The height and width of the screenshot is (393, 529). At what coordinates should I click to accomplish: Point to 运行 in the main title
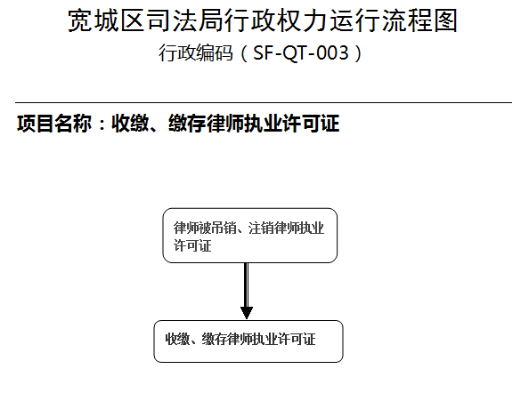pyautogui.click(x=354, y=20)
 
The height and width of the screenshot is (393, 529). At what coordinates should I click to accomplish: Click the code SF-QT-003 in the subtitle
pyautogui.click(x=301, y=52)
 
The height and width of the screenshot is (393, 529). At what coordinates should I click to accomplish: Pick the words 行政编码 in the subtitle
pyautogui.click(x=196, y=52)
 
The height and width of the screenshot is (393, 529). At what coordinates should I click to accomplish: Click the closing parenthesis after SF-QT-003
pyautogui.click(x=358, y=53)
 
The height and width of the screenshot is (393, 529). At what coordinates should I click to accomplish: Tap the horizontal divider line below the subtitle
pyautogui.click(x=264, y=102)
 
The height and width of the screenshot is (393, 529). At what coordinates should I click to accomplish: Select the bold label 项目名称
pyautogui.click(x=54, y=124)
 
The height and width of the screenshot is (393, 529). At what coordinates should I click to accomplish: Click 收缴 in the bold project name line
pyautogui.click(x=130, y=124)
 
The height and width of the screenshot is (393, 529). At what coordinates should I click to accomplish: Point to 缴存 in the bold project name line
pyautogui.click(x=187, y=124)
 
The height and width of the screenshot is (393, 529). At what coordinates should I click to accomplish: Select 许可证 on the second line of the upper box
pyautogui.click(x=192, y=245)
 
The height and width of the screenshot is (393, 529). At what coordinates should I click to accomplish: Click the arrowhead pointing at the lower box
pyautogui.click(x=247, y=313)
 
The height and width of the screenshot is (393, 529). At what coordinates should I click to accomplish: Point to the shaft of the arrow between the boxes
pyautogui.click(x=247, y=285)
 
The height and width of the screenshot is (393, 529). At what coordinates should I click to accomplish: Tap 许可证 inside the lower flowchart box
pyautogui.click(x=297, y=339)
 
